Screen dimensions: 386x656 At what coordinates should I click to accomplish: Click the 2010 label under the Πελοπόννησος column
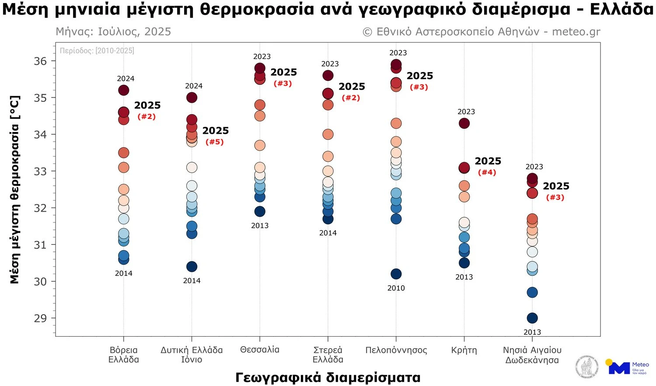(x=396, y=288)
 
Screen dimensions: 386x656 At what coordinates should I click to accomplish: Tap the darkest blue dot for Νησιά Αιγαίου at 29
(x=532, y=318)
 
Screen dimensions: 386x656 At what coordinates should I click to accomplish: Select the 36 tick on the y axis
(x=40, y=61)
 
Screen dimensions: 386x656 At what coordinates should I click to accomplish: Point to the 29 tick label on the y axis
(x=40, y=318)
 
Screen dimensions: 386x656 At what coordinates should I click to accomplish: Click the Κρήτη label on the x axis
(x=464, y=350)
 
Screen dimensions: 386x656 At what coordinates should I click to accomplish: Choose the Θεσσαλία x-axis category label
(x=260, y=350)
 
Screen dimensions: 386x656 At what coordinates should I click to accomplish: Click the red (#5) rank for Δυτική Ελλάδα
(x=214, y=142)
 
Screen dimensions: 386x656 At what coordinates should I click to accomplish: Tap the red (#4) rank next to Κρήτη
(x=487, y=173)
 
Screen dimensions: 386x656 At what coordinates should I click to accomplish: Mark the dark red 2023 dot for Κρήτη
(x=464, y=123)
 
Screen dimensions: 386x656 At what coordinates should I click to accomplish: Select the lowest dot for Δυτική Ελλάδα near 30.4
(x=192, y=267)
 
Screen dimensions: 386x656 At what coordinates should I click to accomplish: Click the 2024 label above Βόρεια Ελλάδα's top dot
(x=126, y=79)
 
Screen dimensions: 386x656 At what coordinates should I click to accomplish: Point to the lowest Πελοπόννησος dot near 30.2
(x=396, y=274)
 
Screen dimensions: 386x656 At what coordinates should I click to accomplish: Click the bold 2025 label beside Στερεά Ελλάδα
(x=352, y=87)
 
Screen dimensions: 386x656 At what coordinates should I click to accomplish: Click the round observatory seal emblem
(x=587, y=366)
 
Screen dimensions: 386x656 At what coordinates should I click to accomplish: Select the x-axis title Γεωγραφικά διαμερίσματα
(x=328, y=377)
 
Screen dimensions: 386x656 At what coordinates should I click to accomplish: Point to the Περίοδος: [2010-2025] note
(x=97, y=51)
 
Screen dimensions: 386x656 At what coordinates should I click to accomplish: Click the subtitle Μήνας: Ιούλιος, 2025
(x=113, y=32)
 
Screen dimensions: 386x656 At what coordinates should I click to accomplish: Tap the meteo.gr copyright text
(x=482, y=32)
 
